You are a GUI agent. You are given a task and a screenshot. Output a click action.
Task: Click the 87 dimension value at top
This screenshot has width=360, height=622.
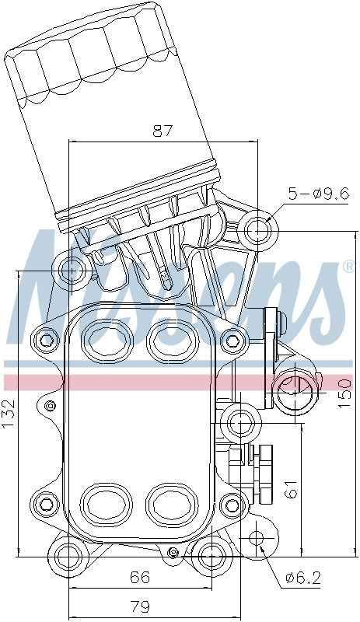162,131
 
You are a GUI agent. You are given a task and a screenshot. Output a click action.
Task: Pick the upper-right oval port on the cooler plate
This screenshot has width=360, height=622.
170,339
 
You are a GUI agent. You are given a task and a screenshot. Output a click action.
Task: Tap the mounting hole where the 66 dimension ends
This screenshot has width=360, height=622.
211,557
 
